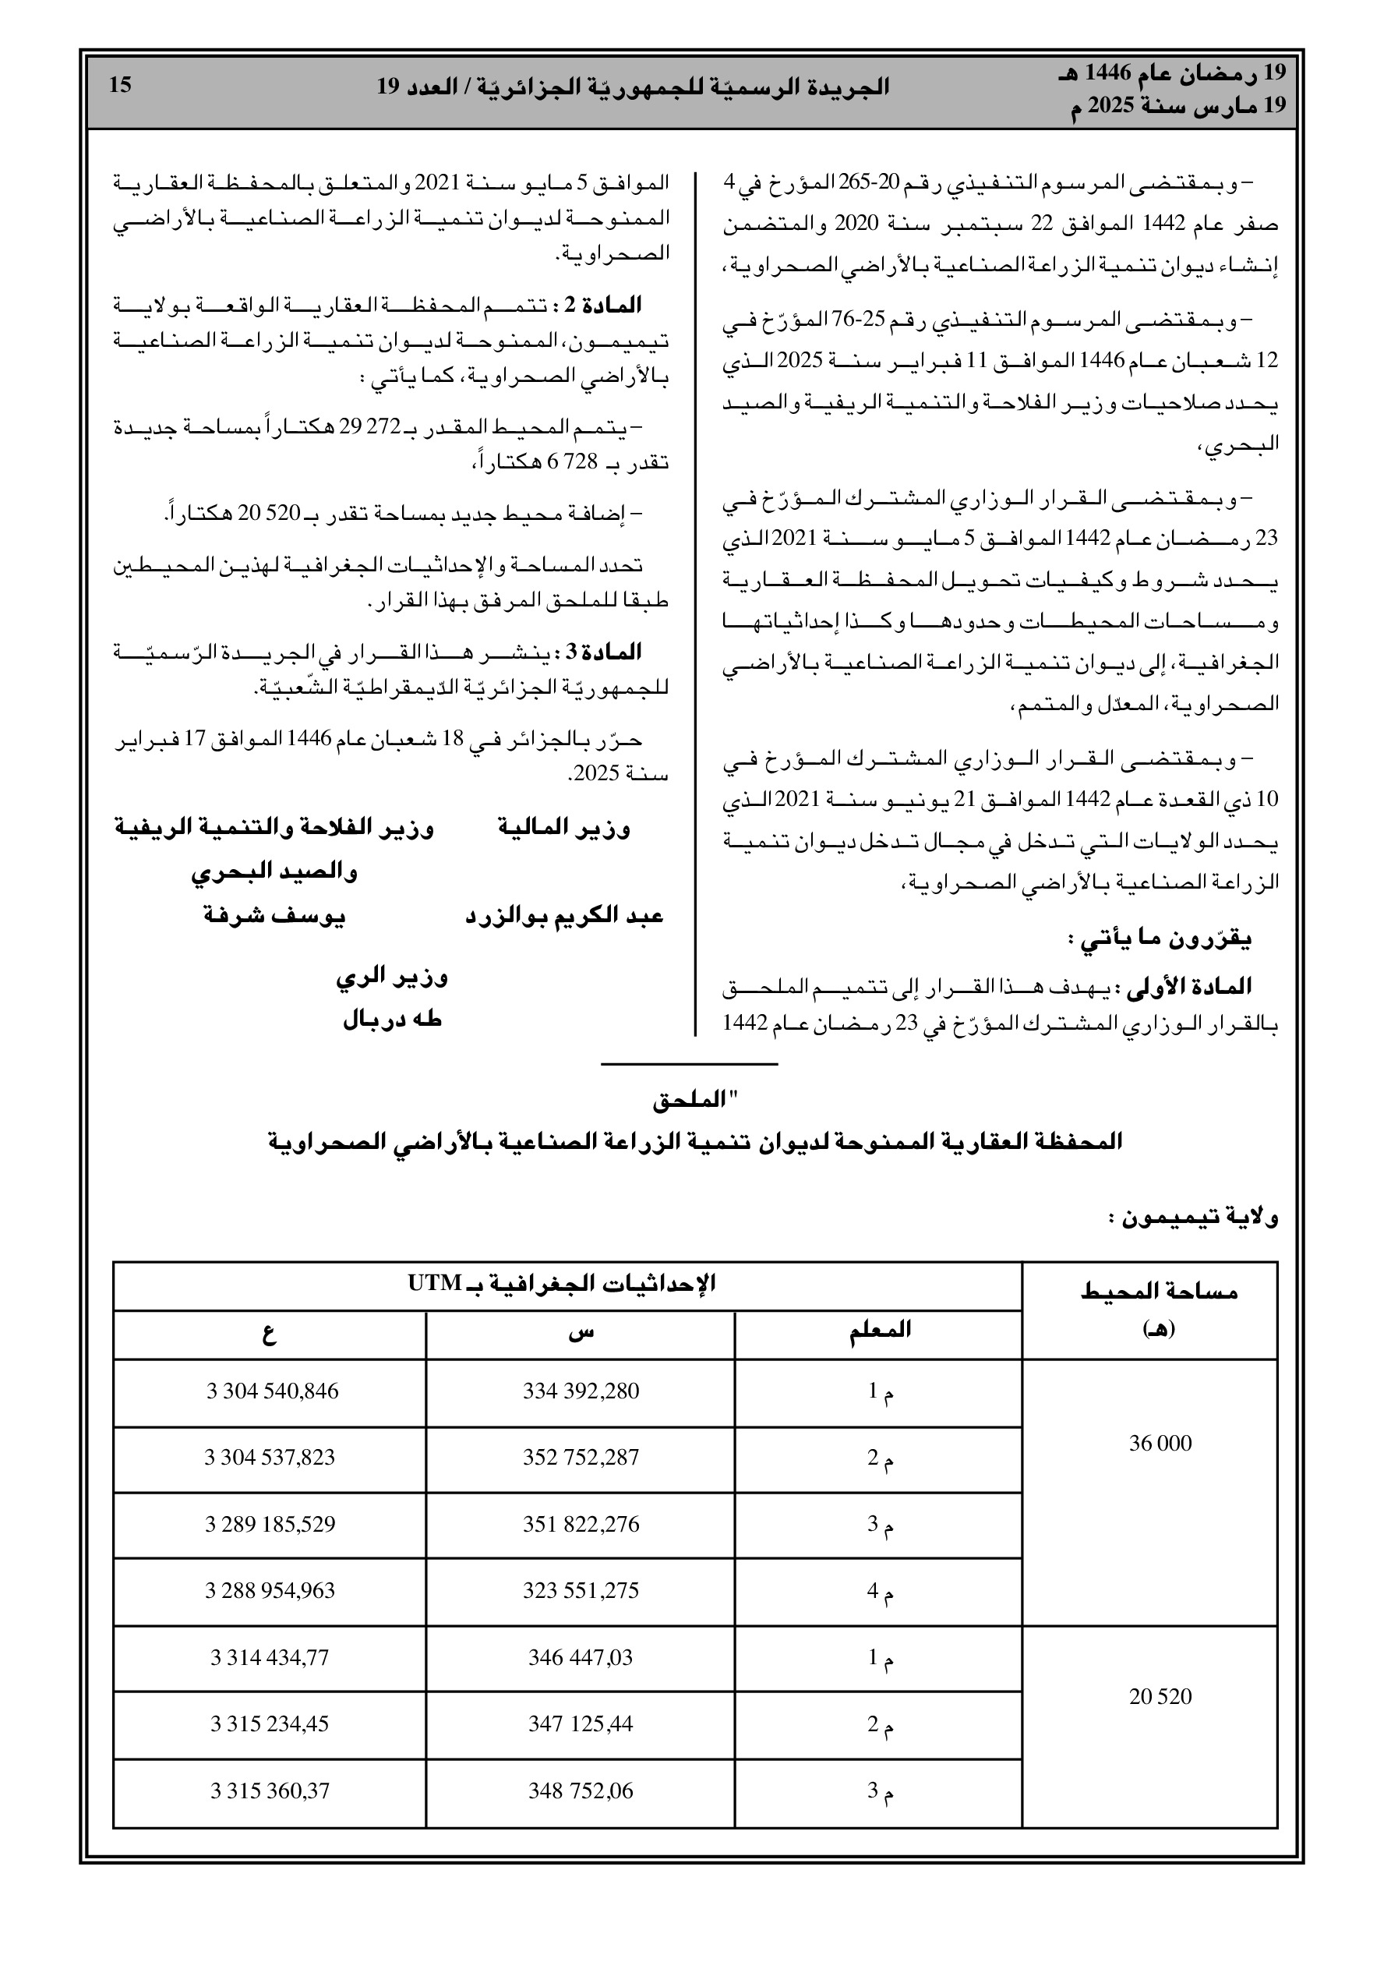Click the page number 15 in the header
[x=121, y=85]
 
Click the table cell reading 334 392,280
[x=581, y=1391]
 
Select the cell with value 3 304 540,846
[x=272, y=1391]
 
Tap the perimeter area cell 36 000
[x=1160, y=1444]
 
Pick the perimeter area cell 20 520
[x=1160, y=1696]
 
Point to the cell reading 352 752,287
[x=581, y=1458]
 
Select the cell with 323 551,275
[x=581, y=1591]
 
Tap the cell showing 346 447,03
[x=581, y=1658]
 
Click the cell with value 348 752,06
[x=581, y=1790]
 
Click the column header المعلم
[x=879, y=1330]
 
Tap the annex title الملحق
[x=694, y=1102]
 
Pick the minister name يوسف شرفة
[x=274, y=917]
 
